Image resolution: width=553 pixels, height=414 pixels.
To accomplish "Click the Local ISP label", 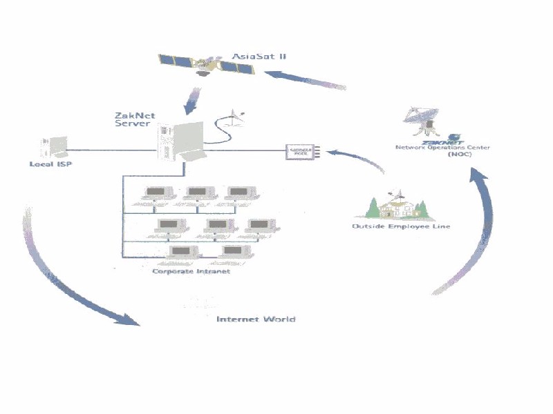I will [50, 164].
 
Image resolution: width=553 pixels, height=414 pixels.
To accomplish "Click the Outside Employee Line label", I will [402, 226].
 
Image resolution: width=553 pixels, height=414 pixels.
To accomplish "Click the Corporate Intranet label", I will [191, 272].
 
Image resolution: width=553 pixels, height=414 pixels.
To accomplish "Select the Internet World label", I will [256, 319].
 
